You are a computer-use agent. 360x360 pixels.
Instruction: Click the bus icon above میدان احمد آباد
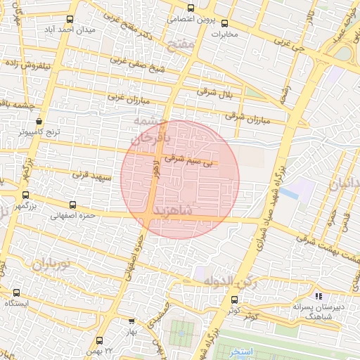point(69,20)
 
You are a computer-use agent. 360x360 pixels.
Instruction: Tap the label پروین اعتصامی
point(190,20)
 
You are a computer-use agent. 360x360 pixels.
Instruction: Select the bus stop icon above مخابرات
point(225,22)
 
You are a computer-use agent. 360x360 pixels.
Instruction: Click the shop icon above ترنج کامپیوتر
point(39,122)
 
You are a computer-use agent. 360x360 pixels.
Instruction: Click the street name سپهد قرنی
point(92,176)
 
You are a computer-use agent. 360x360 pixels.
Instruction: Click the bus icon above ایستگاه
point(17,292)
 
